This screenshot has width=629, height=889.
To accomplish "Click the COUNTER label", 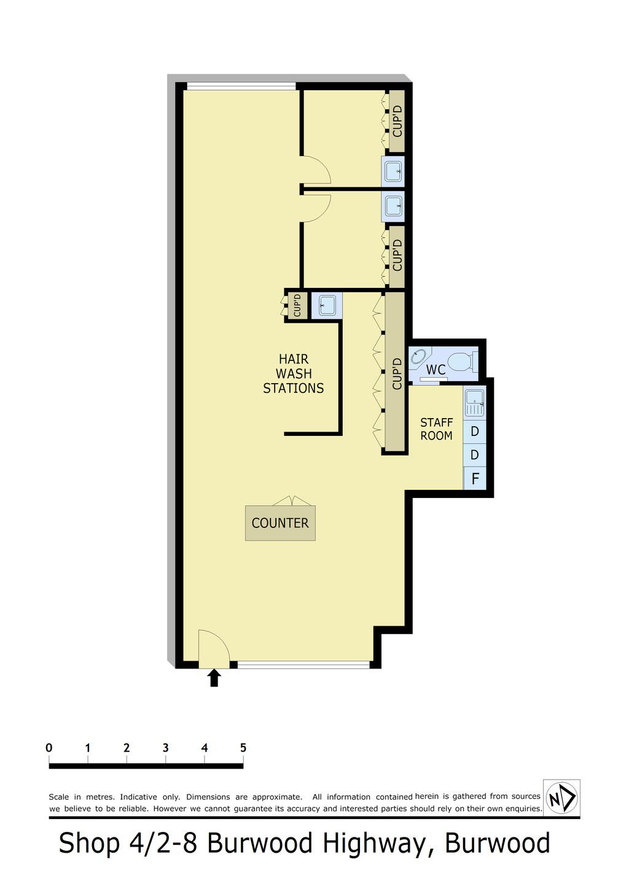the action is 280,523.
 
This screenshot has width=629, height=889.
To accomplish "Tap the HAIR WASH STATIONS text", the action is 294,374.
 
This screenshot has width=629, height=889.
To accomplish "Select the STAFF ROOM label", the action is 436,429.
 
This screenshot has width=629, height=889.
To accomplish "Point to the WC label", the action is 436,370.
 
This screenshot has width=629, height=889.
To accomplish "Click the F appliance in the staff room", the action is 475,479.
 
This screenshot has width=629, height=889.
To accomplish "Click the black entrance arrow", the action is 214,678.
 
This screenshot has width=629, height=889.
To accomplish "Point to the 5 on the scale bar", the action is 243,748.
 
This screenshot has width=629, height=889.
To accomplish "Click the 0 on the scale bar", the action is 49,748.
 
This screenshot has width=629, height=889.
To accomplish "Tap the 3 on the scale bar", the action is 166,748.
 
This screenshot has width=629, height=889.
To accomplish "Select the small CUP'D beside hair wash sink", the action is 297,305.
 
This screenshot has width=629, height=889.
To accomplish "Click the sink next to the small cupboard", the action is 327,306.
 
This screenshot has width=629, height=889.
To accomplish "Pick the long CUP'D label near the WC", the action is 397,373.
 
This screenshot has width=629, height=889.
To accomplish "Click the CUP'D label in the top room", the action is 397,121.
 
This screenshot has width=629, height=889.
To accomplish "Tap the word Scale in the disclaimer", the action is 60,796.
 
